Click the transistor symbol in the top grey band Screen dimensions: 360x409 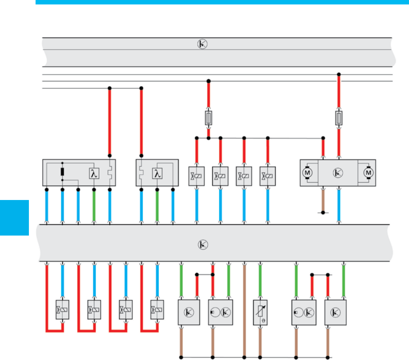[x=202, y=44]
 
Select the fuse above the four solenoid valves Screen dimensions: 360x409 [x=209, y=119]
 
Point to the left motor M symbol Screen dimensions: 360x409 [x=307, y=173]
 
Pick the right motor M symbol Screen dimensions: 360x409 [x=368, y=173]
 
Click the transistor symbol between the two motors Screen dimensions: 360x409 [x=338, y=173]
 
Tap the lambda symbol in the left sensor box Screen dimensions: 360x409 [x=94, y=173]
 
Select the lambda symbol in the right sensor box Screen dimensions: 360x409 [x=157, y=173]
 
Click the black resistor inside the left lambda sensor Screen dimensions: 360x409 [x=62, y=172]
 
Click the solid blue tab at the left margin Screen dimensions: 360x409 [x=14, y=217]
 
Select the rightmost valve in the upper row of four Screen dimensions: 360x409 [x=268, y=176]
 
